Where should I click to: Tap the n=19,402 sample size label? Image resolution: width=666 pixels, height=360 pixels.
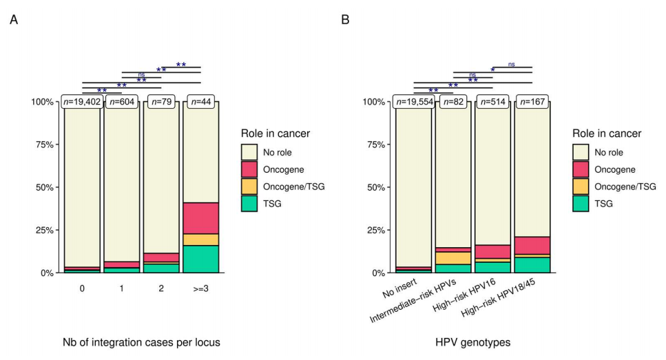tap(82, 103)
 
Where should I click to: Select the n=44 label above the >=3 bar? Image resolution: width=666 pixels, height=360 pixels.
tap(200, 103)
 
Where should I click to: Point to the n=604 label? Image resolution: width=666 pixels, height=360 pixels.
tap(122, 103)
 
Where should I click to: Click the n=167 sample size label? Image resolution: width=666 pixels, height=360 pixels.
tap(532, 103)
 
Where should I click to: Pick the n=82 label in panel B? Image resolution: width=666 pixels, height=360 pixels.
tap(452, 103)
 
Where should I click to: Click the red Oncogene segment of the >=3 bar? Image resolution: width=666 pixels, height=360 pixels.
tap(200, 218)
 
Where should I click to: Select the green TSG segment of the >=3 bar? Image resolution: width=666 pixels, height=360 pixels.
tap(200, 259)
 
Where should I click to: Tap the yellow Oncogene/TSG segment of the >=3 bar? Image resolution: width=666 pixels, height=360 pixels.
tap(200, 240)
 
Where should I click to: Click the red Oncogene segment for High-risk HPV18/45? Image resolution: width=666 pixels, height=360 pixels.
tap(532, 246)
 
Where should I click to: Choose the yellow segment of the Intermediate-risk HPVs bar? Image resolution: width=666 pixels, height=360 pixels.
tap(452, 258)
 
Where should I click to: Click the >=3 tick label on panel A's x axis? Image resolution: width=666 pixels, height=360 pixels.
tap(200, 290)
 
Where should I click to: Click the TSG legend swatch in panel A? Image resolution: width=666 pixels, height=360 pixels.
tap(249, 203)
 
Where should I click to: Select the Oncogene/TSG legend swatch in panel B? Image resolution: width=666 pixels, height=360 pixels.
tap(581, 186)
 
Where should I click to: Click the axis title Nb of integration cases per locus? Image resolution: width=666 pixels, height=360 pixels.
tap(141, 342)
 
